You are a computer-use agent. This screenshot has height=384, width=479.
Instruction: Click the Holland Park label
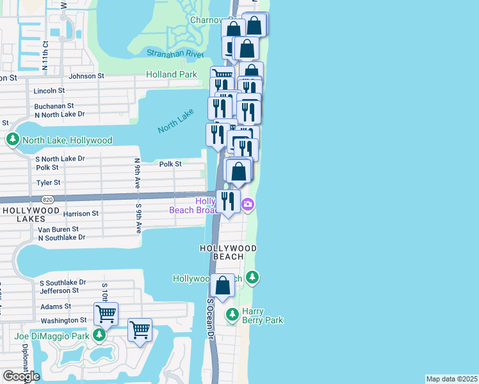171,74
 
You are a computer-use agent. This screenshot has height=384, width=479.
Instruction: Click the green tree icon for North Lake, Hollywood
12,140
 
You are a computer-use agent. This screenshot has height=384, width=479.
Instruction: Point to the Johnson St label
86,76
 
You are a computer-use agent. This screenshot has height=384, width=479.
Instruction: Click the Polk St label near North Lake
171,164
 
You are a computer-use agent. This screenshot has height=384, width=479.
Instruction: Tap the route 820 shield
48,199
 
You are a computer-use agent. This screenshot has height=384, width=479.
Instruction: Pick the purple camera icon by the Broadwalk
248,205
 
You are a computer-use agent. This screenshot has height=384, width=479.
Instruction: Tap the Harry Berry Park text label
263,316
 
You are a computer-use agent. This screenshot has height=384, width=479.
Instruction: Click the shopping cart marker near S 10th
106,314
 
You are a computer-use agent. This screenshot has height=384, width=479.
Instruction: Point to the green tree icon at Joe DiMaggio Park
99,335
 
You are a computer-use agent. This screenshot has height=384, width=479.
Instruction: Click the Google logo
20,376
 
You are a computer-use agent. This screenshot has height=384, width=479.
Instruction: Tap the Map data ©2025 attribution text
451,379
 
